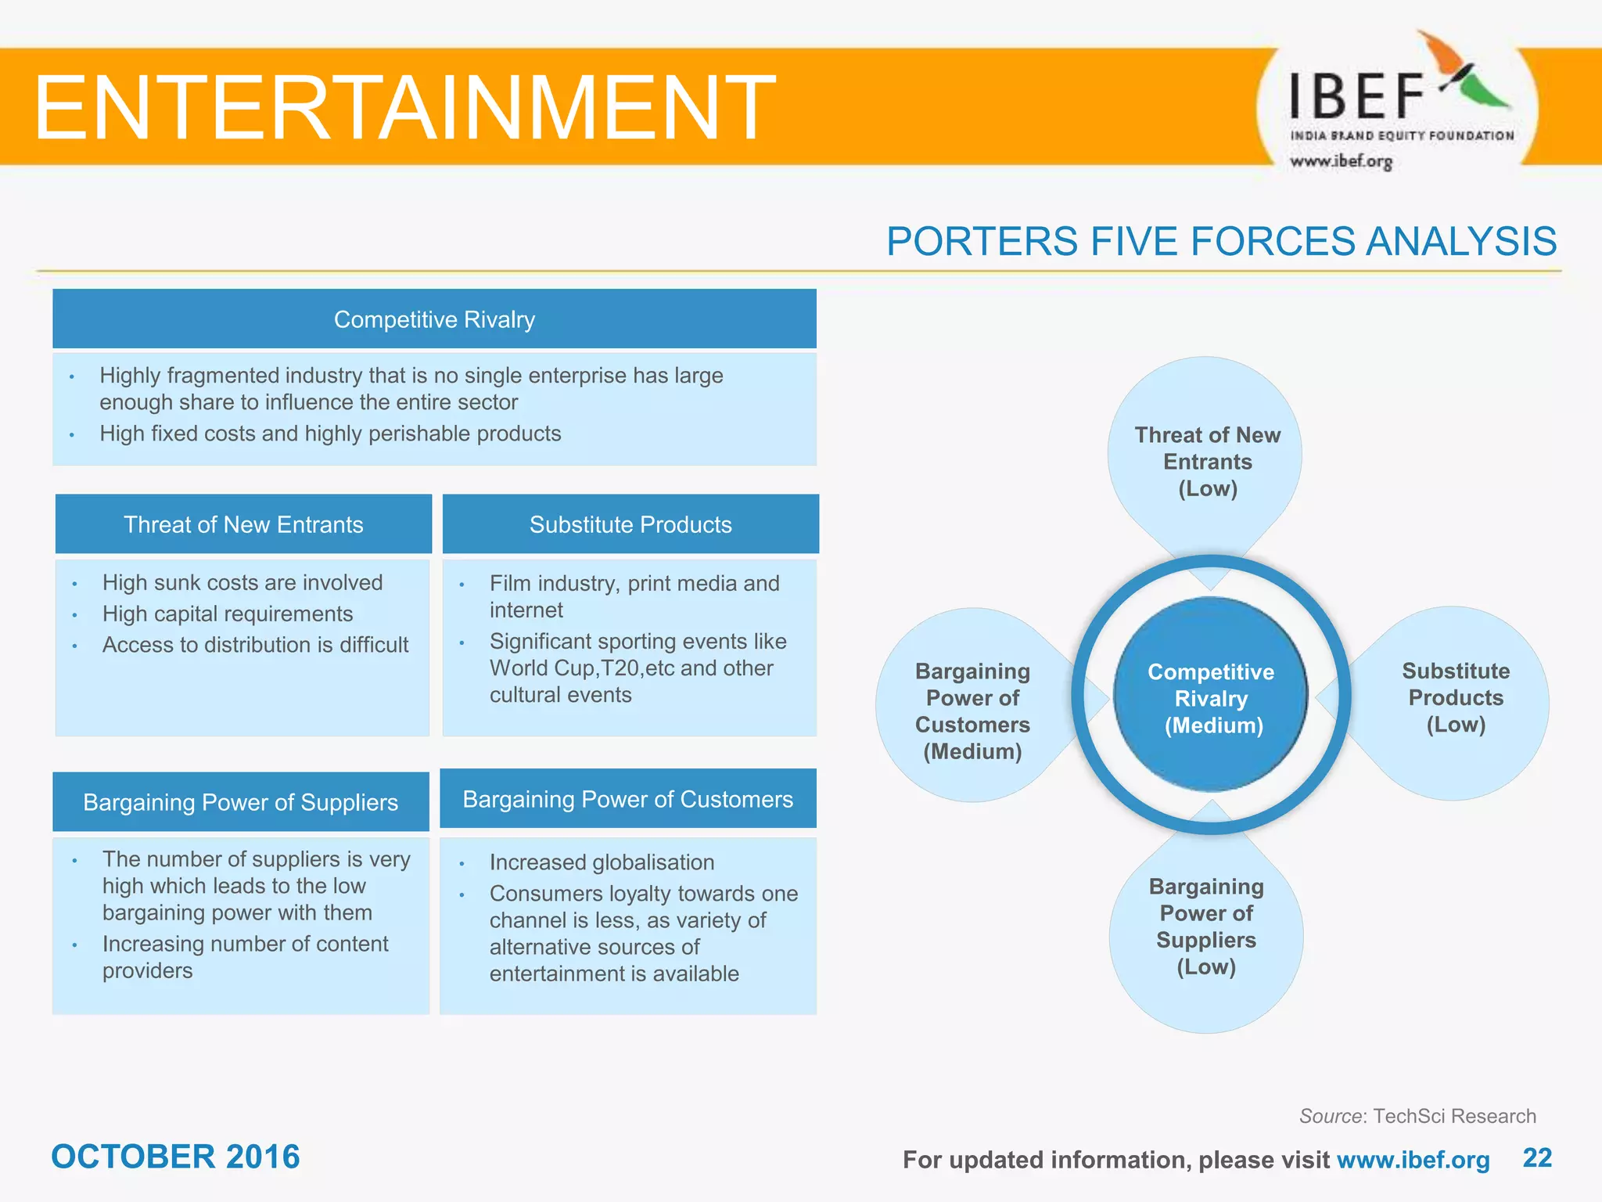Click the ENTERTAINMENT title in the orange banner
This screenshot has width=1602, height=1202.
pyautogui.click(x=404, y=107)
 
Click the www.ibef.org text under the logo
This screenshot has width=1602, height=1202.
pyautogui.click(x=1341, y=161)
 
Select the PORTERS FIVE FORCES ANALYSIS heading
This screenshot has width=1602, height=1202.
pyautogui.click(x=1221, y=241)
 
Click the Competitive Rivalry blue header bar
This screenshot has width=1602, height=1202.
pyautogui.click(x=434, y=319)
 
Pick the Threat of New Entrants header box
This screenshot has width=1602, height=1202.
pyautogui.click(x=243, y=524)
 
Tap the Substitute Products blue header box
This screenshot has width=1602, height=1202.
pyautogui.click(x=630, y=524)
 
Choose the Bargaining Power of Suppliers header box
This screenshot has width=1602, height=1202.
pyautogui.click(x=241, y=802)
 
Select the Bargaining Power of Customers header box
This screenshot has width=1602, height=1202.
pyautogui.click(x=628, y=799)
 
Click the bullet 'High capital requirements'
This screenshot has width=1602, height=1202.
pyautogui.click(x=228, y=614)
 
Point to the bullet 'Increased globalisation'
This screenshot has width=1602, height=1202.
pyautogui.click(x=602, y=862)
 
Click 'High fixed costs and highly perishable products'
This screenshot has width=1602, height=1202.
pyautogui.click(x=330, y=434)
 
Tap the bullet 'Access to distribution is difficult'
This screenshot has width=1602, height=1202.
pyautogui.click(x=255, y=645)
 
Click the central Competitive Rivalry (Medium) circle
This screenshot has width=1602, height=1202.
pyautogui.click(x=1211, y=698)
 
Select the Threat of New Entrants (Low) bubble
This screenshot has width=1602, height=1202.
pyautogui.click(x=1207, y=462)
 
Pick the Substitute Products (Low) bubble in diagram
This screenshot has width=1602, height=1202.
pyautogui.click(x=1455, y=698)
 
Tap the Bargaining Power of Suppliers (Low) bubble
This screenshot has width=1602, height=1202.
pyautogui.click(x=1206, y=927)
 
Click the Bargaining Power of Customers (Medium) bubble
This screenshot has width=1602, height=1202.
pyautogui.click(x=972, y=711)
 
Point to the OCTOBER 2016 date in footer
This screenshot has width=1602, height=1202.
pyautogui.click(x=175, y=1157)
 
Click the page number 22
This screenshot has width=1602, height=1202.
pyautogui.click(x=1537, y=1157)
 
